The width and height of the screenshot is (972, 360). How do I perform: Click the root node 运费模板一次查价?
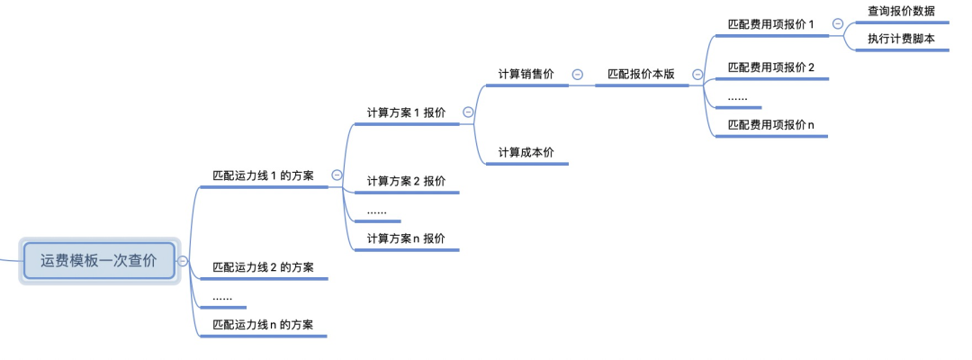click(x=98, y=261)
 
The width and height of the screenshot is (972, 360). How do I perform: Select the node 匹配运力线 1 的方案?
click(x=263, y=175)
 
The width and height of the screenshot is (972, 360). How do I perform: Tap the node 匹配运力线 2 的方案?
click(x=263, y=267)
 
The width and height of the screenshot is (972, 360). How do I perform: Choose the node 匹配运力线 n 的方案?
click(x=263, y=325)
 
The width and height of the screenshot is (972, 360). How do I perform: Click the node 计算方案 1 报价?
click(x=406, y=112)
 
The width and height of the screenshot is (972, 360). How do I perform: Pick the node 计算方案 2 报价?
click(x=406, y=181)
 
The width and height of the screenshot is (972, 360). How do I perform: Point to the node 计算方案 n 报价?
click(x=406, y=238)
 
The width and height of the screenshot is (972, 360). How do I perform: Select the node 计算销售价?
click(x=526, y=75)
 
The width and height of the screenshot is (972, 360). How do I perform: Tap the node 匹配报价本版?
click(x=641, y=75)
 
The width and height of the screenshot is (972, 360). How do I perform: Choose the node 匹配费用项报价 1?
click(x=771, y=24)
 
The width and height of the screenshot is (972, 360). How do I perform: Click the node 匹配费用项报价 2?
click(x=771, y=67)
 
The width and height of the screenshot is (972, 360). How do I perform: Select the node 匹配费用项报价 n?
click(x=771, y=125)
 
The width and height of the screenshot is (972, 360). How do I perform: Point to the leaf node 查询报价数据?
click(x=901, y=11)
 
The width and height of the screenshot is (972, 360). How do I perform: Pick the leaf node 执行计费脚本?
click(x=901, y=39)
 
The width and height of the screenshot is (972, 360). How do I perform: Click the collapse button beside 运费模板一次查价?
click(x=183, y=261)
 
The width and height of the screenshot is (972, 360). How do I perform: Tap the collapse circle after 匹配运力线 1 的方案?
click(x=337, y=175)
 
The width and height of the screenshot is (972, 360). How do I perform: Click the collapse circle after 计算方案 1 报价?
click(x=468, y=112)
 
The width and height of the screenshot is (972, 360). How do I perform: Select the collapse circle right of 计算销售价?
click(x=577, y=75)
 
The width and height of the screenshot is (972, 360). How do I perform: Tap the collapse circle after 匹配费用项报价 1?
click(x=838, y=24)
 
